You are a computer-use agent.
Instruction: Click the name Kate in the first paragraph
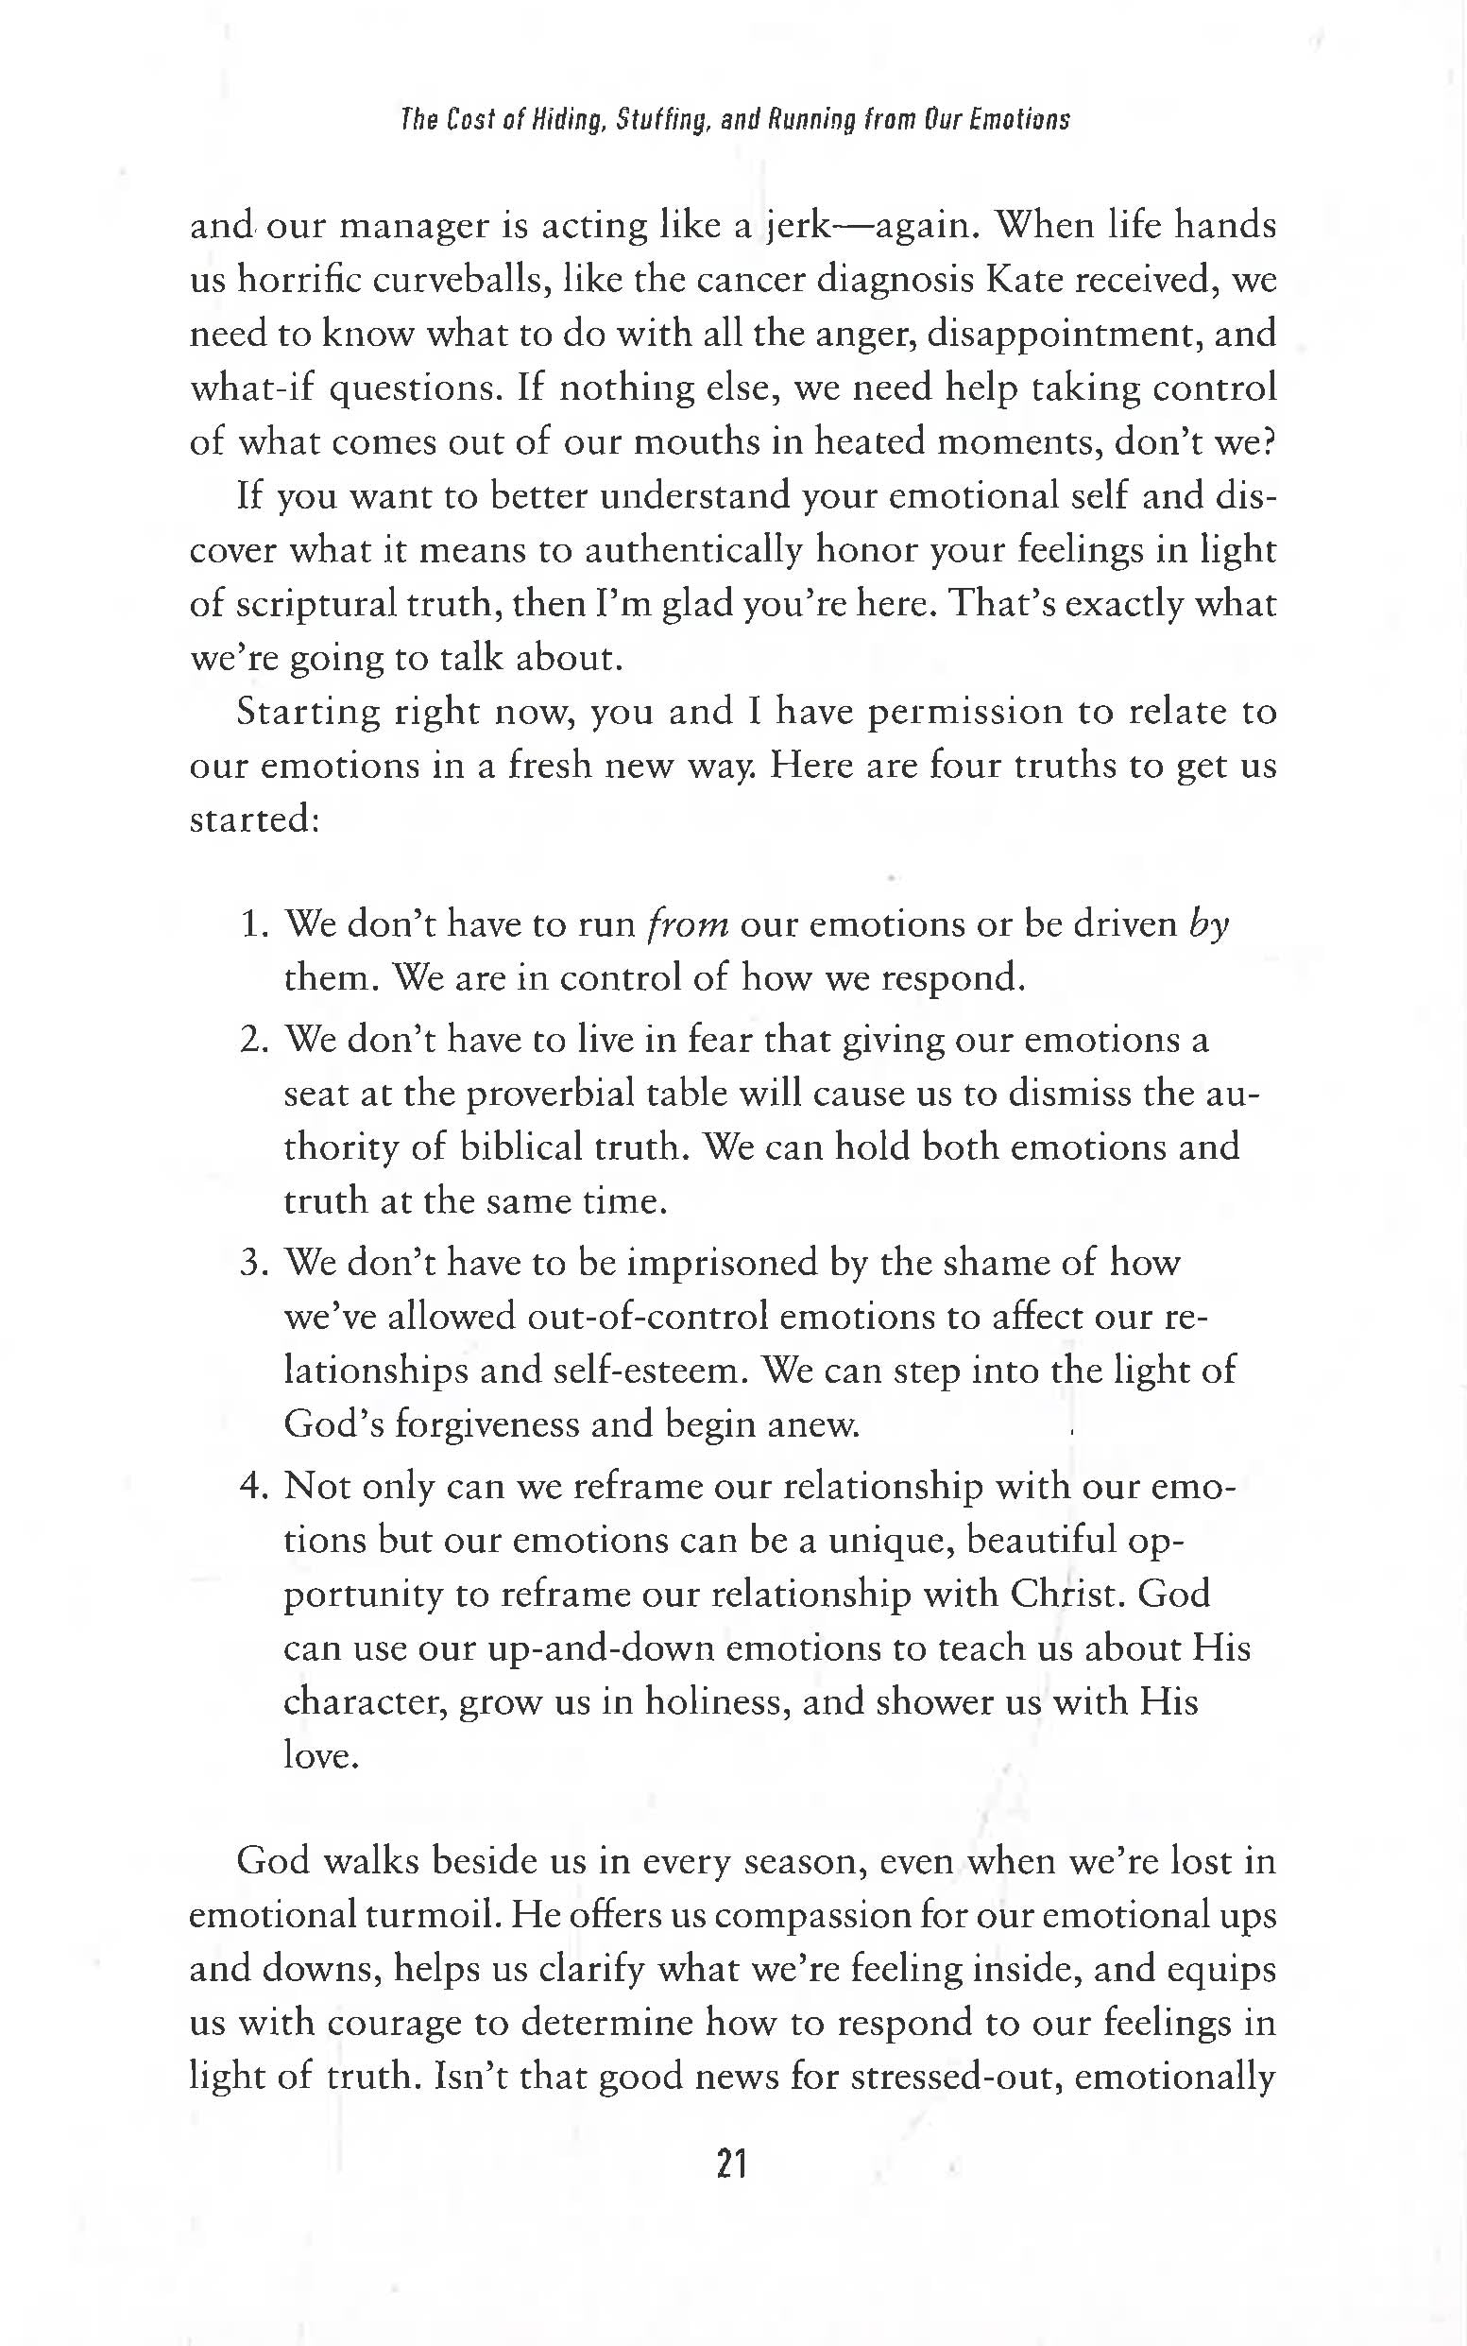1022,281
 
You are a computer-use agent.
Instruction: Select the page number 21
730,2165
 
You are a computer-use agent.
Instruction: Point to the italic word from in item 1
688,925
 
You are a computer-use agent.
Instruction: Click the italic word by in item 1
1209,925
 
